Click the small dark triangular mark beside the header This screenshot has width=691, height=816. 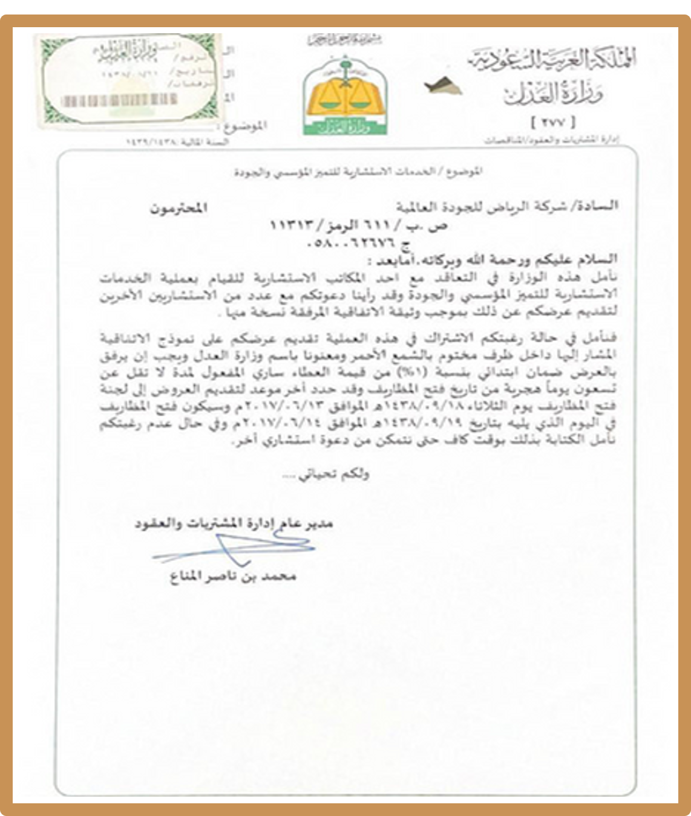(443, 86)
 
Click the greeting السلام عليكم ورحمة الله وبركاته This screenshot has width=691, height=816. (502, 260)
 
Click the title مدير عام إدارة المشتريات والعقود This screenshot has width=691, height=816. (234, 523)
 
